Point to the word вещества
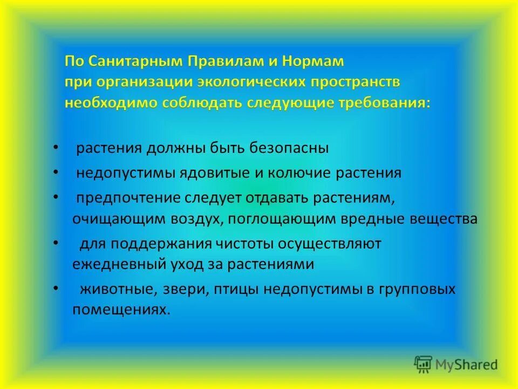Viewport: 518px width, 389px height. [443, 219]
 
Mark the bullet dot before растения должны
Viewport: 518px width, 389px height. [57, 147]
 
